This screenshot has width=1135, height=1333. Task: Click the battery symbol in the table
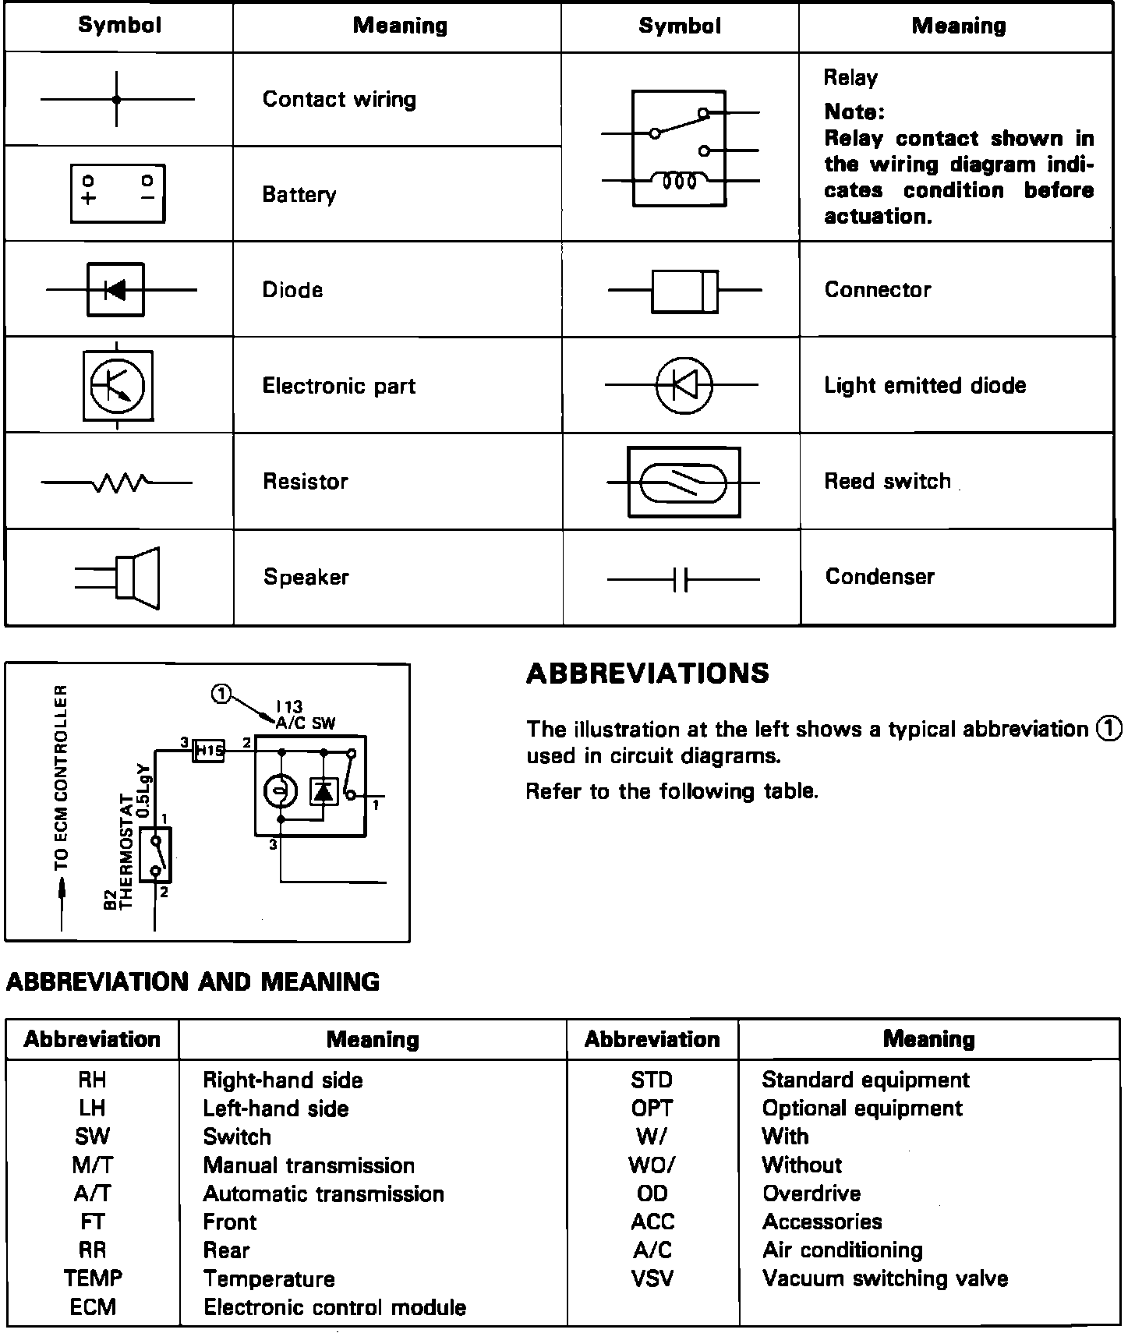(x=118, y=193)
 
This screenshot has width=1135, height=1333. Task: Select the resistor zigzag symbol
(x=118, y=483)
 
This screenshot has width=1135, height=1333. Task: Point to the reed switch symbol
(x=684, y=483)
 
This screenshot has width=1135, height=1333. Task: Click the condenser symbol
(x=683, y=579)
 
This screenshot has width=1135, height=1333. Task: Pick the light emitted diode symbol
(x=683, y=385)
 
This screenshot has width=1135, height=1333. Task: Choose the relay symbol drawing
(x=680, y=148)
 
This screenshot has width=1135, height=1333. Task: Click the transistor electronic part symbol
(x=118, y=385)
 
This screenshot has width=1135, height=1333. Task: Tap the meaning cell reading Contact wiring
(x=339, y=100)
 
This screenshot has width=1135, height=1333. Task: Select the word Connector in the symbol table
(x=878, y=290)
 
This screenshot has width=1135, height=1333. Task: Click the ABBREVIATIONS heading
(x=648, y=674)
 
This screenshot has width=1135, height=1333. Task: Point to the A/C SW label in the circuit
(x=306, y=723)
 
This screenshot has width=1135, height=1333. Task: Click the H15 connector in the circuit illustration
(x=208, y=751)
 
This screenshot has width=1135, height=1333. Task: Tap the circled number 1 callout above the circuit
(x=222, y=694)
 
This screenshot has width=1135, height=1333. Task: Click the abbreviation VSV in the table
(x=652, y=1279)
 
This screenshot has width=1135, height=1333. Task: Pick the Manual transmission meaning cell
(x=309, y=1165)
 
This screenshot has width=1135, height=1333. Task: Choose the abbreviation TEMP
(x=93, y=1279)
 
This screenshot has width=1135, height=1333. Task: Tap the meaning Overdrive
(x=811, y=1193)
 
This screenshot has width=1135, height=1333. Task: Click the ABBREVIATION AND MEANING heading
(x=193, y=981)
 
